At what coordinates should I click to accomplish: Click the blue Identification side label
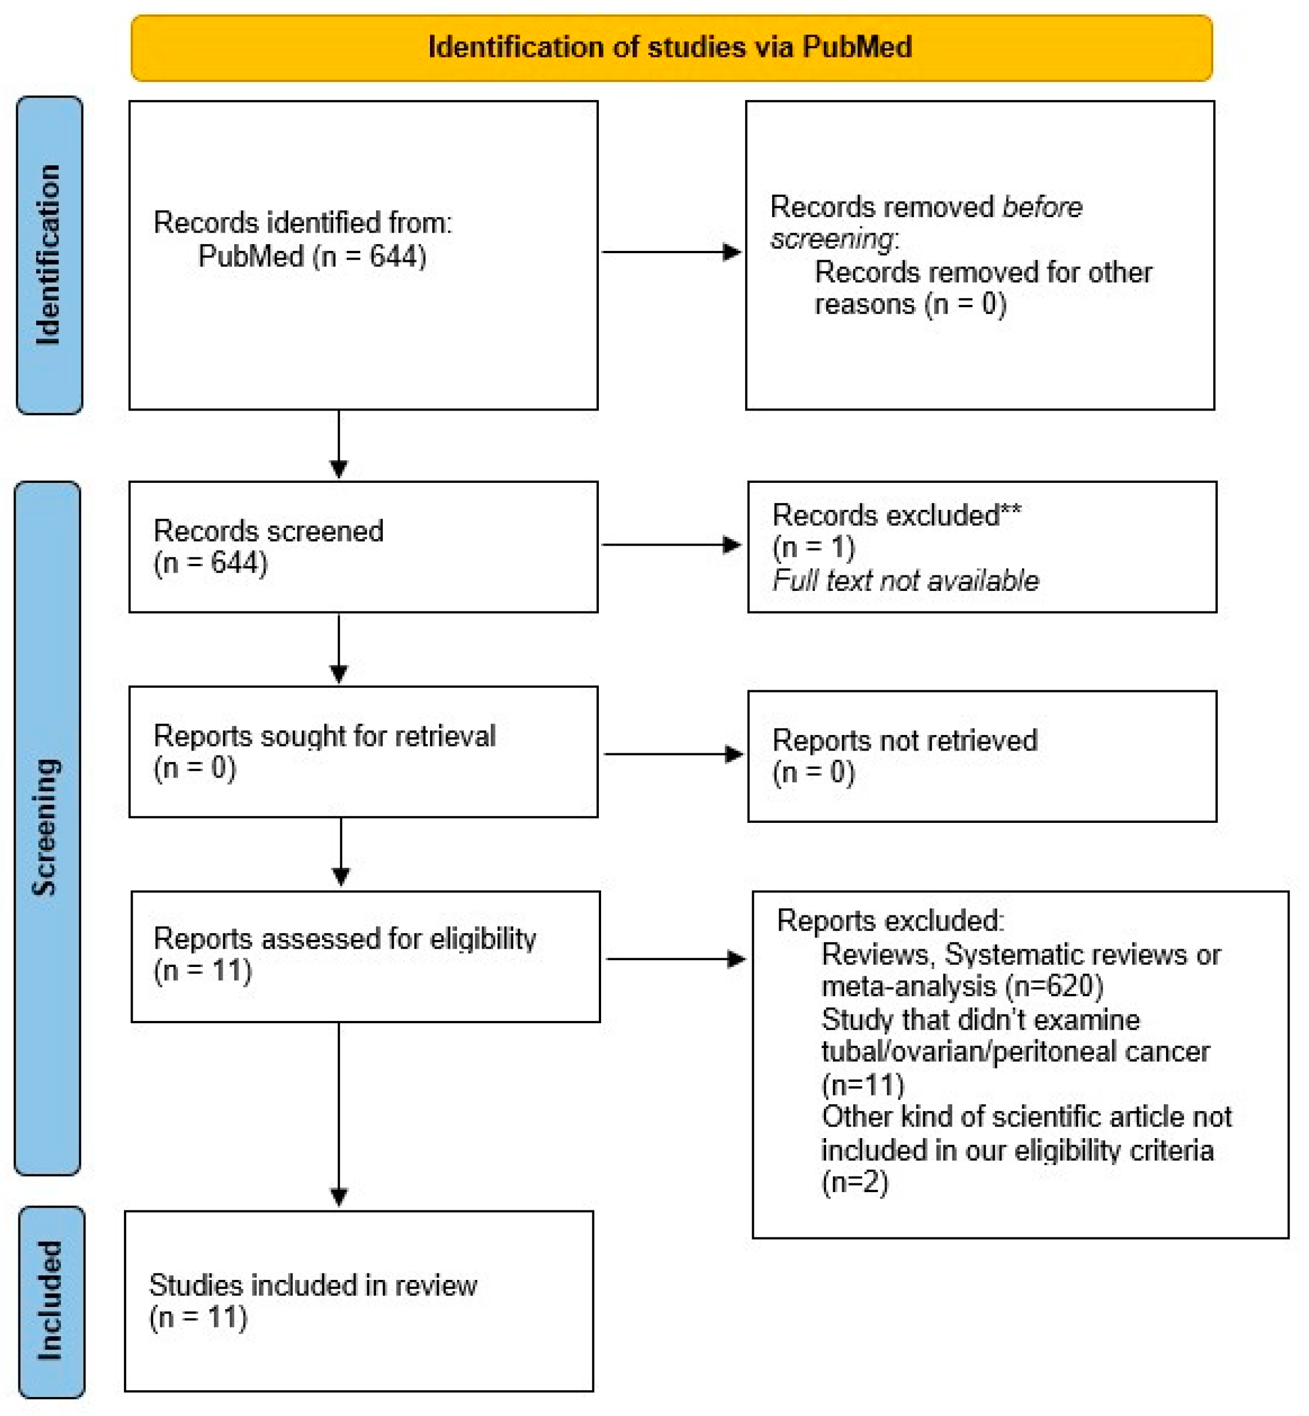48,255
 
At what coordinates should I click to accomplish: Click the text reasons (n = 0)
910,304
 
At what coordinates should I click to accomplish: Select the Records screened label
269,531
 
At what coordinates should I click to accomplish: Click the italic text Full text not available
905,581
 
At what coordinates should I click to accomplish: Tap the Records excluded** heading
896,515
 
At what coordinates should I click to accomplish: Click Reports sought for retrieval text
324,736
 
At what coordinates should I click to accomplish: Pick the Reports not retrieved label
905,740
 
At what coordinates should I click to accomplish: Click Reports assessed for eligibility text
345,939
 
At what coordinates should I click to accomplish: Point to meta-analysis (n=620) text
962,986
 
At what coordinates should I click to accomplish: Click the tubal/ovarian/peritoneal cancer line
1015,1051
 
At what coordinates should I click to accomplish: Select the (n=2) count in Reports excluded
854,1182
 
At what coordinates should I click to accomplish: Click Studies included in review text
312,1285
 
